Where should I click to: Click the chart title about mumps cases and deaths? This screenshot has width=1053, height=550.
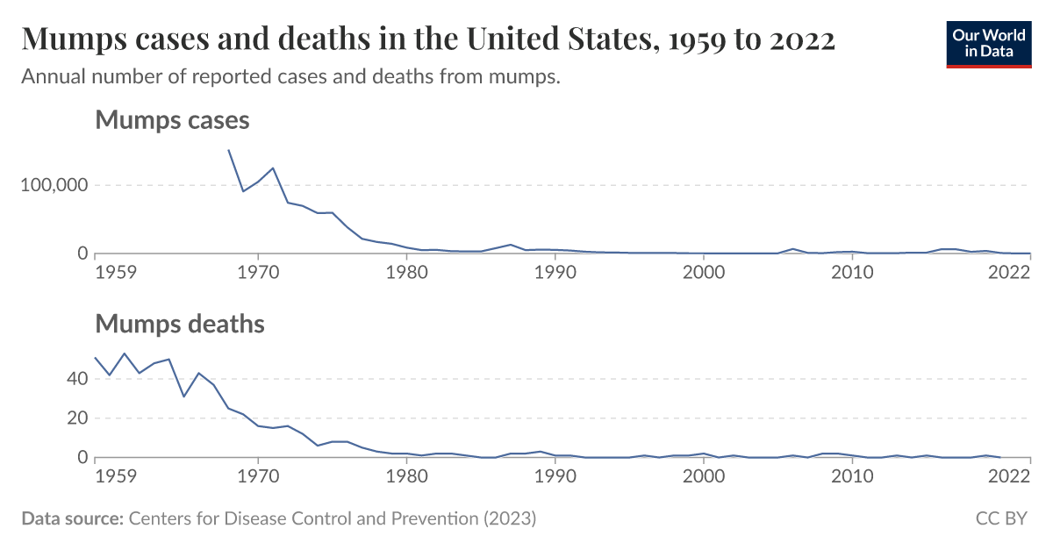(427, 39)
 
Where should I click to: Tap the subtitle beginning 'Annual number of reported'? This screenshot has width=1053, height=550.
(290, 77)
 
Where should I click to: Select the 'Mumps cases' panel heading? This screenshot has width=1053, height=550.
(172, 120)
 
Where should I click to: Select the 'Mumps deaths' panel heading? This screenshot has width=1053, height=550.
(179, 324)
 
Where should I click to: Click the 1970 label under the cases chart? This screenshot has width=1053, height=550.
(258, 272)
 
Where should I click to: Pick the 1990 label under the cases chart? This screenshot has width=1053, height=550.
(555, 272)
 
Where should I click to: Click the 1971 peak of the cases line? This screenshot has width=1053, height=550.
(273, 168)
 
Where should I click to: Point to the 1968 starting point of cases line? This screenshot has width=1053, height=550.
(229, 150)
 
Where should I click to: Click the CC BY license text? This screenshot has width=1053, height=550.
(1001, 518)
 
